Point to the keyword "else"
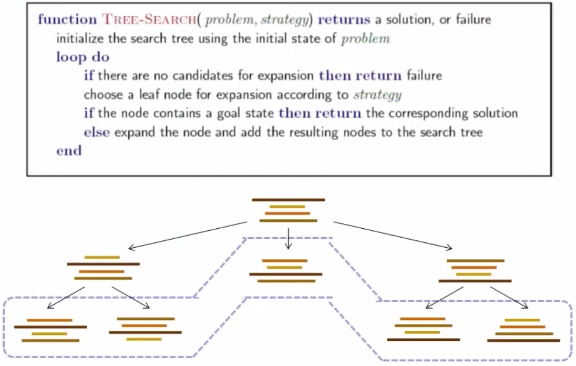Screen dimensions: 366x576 click(x=97, y=132)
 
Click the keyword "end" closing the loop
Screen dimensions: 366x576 click(x=69, y=151)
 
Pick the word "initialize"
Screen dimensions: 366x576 click(x=79, y=39)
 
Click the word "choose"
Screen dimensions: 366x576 click(x=102, y=95)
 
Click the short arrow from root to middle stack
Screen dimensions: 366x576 click(x=288, y=238)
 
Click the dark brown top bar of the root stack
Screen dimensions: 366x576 click(x=289, y=200)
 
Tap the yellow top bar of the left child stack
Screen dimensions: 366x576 click(x=102, y=257)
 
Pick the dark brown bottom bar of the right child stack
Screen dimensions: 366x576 click(x=475, y=281)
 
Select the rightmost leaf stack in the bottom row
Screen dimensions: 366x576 click(x=523, y=330)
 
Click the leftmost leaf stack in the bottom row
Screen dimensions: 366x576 click(x=50, y=330)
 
